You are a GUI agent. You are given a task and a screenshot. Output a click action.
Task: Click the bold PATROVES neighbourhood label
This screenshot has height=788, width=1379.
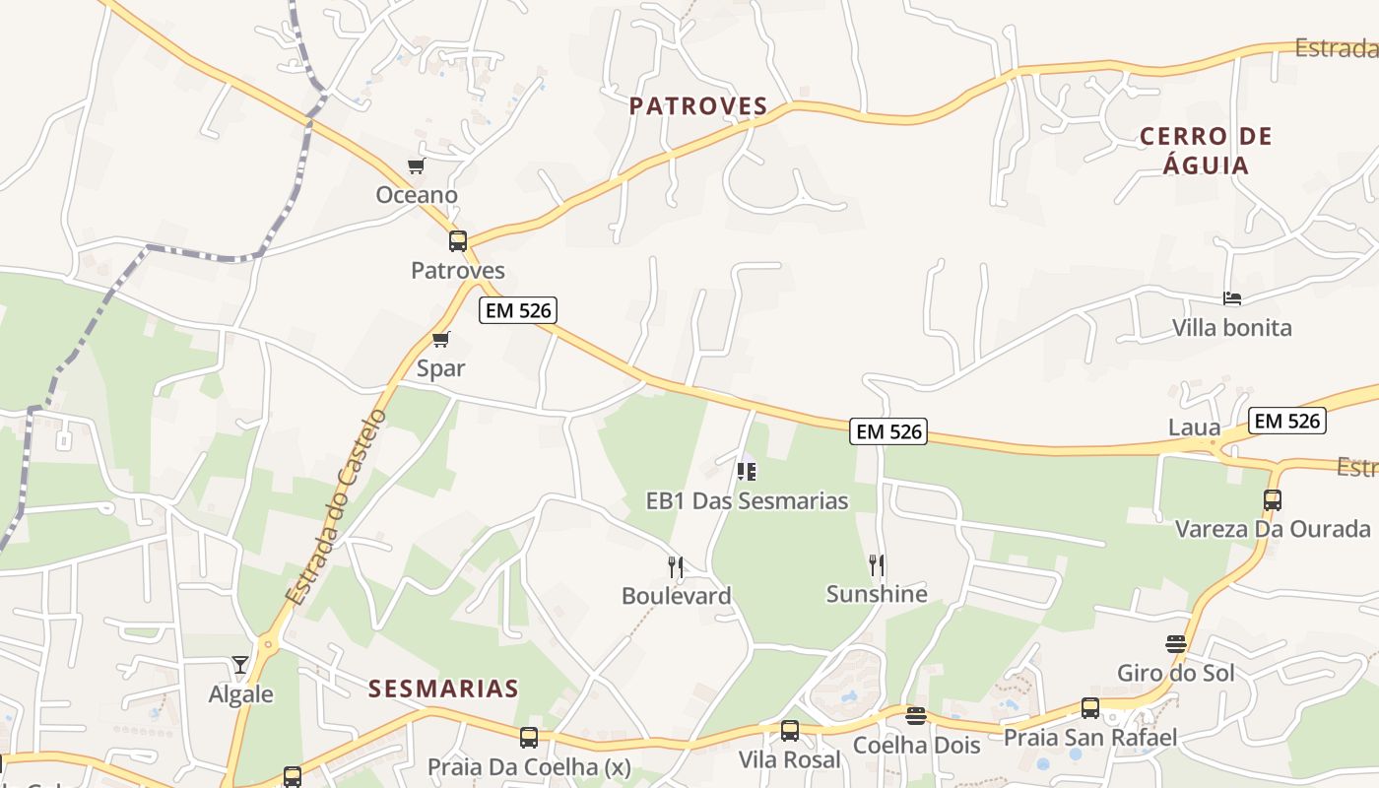(x=698, y=106)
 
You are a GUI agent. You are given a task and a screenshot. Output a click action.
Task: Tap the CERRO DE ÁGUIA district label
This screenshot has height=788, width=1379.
(x=1206, y=150)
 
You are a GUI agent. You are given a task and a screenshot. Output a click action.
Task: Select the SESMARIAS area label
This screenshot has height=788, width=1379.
(x=443, y=689)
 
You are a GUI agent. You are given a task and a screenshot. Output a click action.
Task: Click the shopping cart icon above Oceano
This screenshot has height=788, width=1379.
(x=417, y=166)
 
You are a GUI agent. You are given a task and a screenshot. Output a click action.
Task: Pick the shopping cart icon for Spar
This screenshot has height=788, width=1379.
(x=440, y=340)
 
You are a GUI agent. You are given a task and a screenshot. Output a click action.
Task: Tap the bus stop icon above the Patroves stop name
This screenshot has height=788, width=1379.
(x=458, y=241)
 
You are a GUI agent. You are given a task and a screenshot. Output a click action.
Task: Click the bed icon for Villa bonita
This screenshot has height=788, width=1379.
(x=1231, y=298)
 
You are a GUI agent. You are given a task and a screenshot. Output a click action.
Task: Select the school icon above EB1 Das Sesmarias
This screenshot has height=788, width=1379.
(x=747, y=472)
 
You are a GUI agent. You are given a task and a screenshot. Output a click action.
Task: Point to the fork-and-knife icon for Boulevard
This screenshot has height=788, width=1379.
(x=676, y=566)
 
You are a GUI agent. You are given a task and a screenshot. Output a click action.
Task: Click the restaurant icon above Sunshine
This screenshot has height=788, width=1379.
(x=877, y=564)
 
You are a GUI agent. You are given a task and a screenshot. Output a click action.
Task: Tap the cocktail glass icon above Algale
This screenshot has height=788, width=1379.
(x=240, y=665)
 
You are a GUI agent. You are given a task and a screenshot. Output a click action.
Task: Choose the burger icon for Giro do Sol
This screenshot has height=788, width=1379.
(x=1175, y=644)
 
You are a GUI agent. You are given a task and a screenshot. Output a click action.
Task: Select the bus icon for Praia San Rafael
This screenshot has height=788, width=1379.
(x=1090, y=707)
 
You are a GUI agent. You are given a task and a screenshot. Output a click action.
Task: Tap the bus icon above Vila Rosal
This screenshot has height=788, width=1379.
(x=790, y=731)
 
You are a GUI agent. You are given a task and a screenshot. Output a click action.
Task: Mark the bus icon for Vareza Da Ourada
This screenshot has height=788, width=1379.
(x=1273, y=499)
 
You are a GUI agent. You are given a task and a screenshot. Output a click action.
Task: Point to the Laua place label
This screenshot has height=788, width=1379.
(x=1194, y=427)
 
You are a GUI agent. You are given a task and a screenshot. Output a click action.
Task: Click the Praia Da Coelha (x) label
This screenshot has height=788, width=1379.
(x=528, y=766)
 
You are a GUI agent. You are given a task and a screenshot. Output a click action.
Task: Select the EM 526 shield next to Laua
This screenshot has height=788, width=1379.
(x=1287, y=421)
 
